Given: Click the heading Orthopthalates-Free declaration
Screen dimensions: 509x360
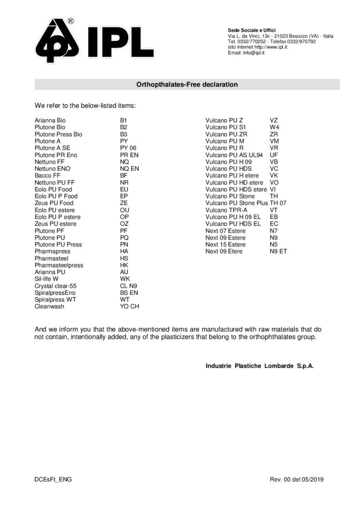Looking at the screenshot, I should (x=187, y=85).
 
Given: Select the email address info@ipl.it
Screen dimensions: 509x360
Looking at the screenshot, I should (x=253, y=53).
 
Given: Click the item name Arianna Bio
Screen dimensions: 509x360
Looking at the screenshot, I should (x=50, y=120).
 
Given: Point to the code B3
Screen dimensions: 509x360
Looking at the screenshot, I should (x=124, y=134).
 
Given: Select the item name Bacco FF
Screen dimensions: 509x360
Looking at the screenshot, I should (x=48, y=175).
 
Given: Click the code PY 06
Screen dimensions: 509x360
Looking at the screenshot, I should (x=128, y=148).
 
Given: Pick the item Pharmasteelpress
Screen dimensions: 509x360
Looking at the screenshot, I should (x=59, y=265).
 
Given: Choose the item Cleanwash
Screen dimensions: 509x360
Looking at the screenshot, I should (x=49, y=307).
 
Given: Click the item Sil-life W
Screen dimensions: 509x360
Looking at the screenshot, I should (x=49, y=279).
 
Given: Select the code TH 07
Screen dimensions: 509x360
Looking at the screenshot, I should (x=278, y=203).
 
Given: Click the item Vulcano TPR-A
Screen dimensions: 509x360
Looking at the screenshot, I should (x=226, y=210).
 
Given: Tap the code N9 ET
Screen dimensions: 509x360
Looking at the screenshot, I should (x=278, y=252).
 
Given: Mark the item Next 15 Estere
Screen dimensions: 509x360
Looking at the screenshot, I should (x=225, y=245).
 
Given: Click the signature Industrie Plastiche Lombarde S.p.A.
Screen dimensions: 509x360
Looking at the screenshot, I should (x=260, y=366).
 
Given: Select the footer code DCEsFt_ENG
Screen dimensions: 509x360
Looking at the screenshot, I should (x=50, y=479).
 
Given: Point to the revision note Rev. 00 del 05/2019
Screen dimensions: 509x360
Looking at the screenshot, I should (x=296, y=479).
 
